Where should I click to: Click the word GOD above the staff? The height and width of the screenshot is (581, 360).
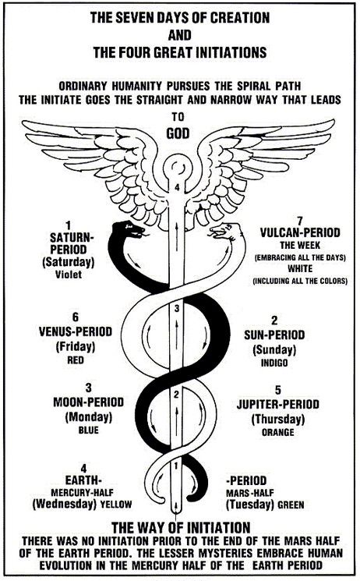pos(178,133)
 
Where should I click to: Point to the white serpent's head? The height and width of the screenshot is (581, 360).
pos(224,232)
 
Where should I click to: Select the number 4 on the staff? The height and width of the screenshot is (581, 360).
pos(177,188)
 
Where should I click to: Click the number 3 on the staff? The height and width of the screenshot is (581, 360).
pos(177,308)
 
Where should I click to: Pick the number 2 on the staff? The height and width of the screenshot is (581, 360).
pos(177,395)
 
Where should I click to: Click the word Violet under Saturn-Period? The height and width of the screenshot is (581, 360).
pos(69,275)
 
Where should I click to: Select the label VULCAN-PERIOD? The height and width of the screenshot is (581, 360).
pos(300,232)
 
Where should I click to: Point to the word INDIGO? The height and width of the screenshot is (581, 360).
pos(274,363)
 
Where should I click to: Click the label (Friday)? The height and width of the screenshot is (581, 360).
pos(76,347)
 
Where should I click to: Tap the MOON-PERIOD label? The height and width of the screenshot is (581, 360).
pos(89,402)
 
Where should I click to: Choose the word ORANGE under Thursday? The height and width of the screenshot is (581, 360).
pos(277,432)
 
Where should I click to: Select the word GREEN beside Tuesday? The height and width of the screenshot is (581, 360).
pos(291,505)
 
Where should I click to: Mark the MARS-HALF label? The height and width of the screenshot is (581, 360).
pos(250,493)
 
